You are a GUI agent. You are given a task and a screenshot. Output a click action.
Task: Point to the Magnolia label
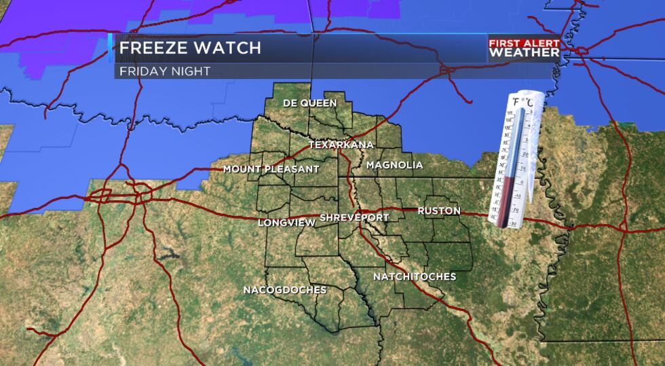click(x=394, y=165)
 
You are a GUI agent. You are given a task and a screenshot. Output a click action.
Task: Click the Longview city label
click(x=286, y=222)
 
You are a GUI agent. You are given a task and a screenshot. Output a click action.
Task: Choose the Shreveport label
click(x=354, y=217)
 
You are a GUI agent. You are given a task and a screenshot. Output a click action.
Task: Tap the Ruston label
click(x=438, y=211)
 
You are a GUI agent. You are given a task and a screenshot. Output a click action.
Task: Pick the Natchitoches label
click(x=415, y=277)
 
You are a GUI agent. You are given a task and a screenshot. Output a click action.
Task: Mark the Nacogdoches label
click(x=285, y=290)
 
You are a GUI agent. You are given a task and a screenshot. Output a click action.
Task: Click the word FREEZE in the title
click(x=153, y=48)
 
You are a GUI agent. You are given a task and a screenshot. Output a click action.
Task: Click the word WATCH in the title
click(x=227, y=48)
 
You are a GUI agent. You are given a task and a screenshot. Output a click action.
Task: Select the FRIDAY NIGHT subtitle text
click(x=165, y=71)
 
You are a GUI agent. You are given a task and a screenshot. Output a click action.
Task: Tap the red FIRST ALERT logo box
click(x=525, y=43)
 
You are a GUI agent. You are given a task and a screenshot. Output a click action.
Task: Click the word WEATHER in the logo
click(x=525, y=53)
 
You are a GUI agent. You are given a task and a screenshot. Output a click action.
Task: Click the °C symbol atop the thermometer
click(x=529, y=103)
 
